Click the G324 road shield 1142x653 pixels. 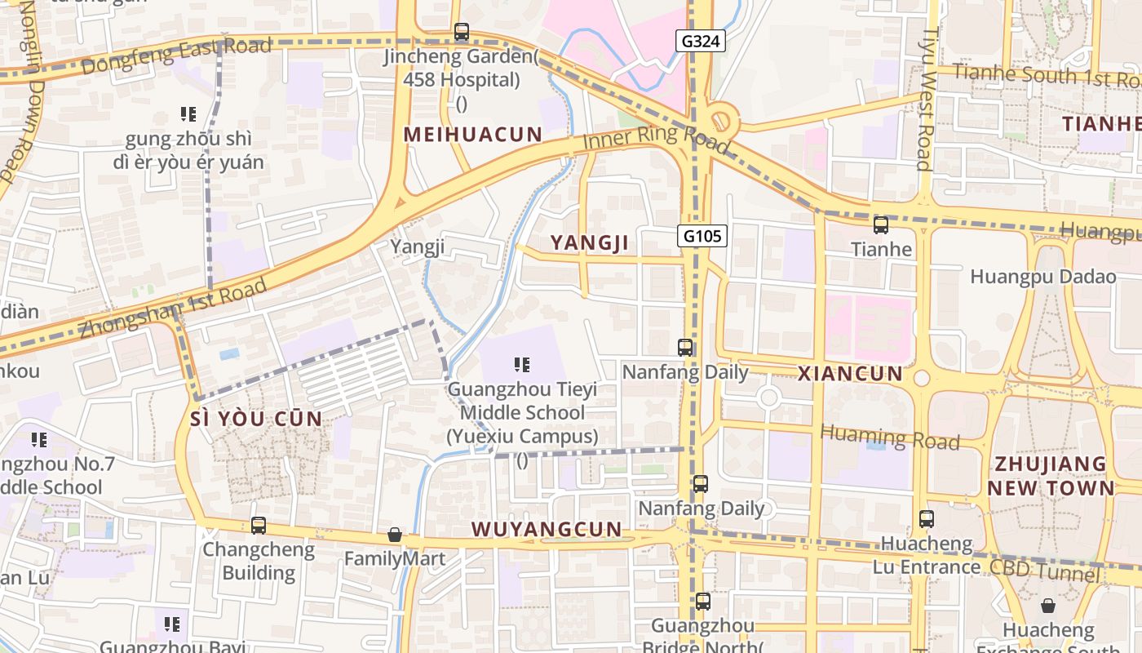click(x=701, y=40)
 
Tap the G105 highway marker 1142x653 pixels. click(x=702, y=237)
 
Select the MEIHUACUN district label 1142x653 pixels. click(x=473, y=135)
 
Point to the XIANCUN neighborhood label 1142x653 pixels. click(x=850, y=374)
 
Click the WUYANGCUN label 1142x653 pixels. click(x=547, y=529)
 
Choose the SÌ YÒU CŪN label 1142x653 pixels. click(x=255, y=420)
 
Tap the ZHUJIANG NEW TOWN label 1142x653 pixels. click(x=1051, y=476)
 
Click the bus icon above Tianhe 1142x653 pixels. click(x=881, y=225)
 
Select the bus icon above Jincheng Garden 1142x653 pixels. click(x=462, y=33)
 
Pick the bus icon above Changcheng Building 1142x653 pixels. click(x=259, y=526)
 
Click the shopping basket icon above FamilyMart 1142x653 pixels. click(x=395, y=535)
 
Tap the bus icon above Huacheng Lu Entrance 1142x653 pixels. click(x=927, y=519)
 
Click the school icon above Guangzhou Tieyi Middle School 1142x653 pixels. click(x=522, y=365)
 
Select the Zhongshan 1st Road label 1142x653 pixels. click(x=173, y=309)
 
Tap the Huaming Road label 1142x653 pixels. click(x=890, y=438)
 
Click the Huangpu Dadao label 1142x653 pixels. click(x=1042, y=277)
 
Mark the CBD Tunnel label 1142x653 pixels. click(x=1044, y=570)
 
